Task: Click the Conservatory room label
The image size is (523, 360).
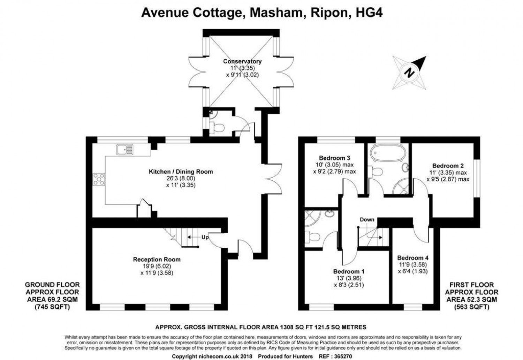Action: (242, 61)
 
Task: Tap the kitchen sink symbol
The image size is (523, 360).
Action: (125, 150)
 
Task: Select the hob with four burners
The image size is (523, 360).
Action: (99, 179)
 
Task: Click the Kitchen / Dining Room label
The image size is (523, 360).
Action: (181, 172)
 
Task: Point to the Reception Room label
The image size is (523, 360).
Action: (157, 259)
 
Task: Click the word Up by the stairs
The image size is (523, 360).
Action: (205, 237)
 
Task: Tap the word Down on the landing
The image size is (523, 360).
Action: (367, 219)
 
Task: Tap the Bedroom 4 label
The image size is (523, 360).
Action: (412, 258)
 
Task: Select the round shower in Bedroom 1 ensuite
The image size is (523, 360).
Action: (312, 217)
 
